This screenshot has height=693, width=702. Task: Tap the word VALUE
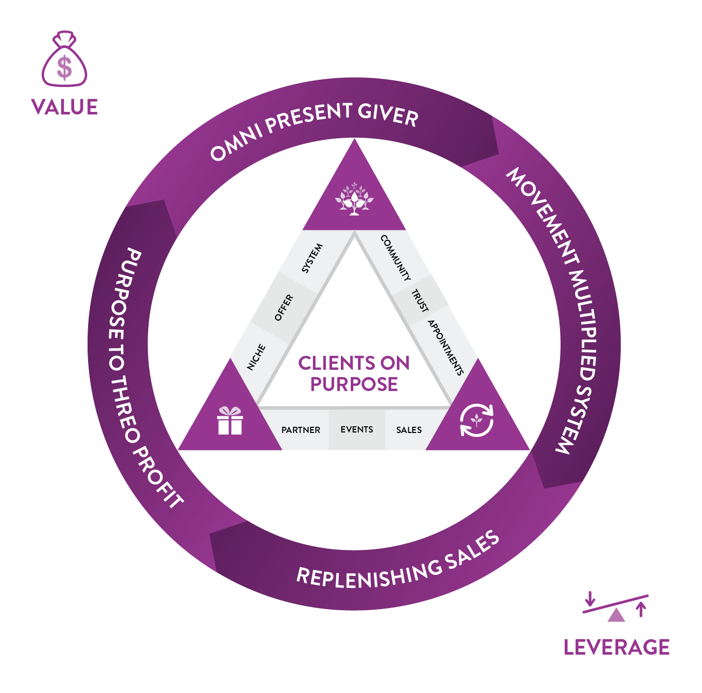tap(64, 107)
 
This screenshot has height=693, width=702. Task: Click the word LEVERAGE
tap(617, 647)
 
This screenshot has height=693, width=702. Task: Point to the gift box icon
tap(230, 421)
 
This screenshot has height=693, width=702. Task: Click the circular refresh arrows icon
tap(477, 420)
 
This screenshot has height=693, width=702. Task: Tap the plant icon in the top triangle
tap(354, 198)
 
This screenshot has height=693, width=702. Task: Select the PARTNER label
tap(300, 430)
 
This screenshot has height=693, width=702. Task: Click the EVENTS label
tap(356, 429)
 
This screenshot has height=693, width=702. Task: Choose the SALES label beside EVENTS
tap(409, 430)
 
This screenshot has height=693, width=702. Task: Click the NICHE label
tap(256, 357)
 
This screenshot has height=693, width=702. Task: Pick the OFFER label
tap(284, 308)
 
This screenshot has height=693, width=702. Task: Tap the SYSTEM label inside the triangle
tap(312, 258)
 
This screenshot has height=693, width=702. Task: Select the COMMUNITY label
tap(396, 257)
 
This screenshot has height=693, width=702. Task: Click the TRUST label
tap(420, 300)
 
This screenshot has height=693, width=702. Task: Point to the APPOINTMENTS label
tap(446, 347)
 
